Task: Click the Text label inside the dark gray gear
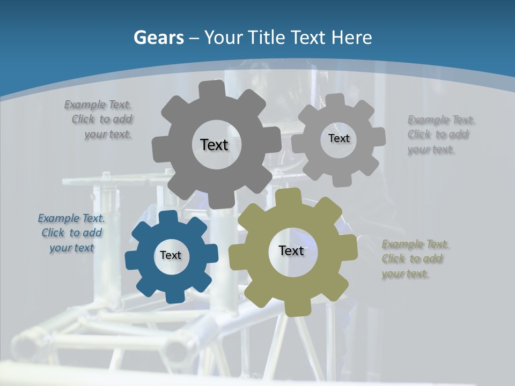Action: click(214, 145)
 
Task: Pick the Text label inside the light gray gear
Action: click(339, 138)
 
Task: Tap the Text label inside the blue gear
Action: click(171, 255)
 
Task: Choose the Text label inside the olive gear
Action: click(291, 250)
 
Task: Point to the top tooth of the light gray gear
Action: click(335, 100)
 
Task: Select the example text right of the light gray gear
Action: click(440, 135)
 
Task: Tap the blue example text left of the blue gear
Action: click(72, 233)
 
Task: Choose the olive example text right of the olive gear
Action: click(414, 259)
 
